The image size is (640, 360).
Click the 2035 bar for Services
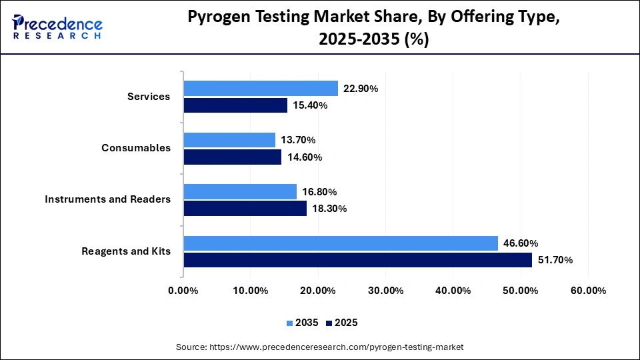tap(261, 88)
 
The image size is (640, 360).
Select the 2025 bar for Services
tap(235, 105)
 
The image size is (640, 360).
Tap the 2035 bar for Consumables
tap(229, 140)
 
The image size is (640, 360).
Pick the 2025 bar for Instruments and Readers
tap(245, 209)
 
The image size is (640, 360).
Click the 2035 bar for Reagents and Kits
tap(341, 243)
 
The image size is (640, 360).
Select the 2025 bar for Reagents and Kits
tap(357, 260)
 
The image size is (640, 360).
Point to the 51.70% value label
tap(555, 260)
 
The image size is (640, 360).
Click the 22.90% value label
tap(361, 88)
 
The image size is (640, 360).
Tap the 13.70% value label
tap(298, 140)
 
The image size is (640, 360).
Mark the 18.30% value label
tap(329, 209)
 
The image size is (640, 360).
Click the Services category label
tap(149, 97)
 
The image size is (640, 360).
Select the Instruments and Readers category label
tap(107, 199)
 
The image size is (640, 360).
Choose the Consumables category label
tap(136, 148)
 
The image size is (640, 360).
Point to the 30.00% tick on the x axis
tap(385, 291)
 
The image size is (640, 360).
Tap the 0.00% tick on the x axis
tap(183, 291)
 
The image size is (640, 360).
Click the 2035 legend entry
tap(303, 323)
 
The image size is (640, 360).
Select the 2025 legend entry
tap(342, 323)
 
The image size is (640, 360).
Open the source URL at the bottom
tap(319, 347)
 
